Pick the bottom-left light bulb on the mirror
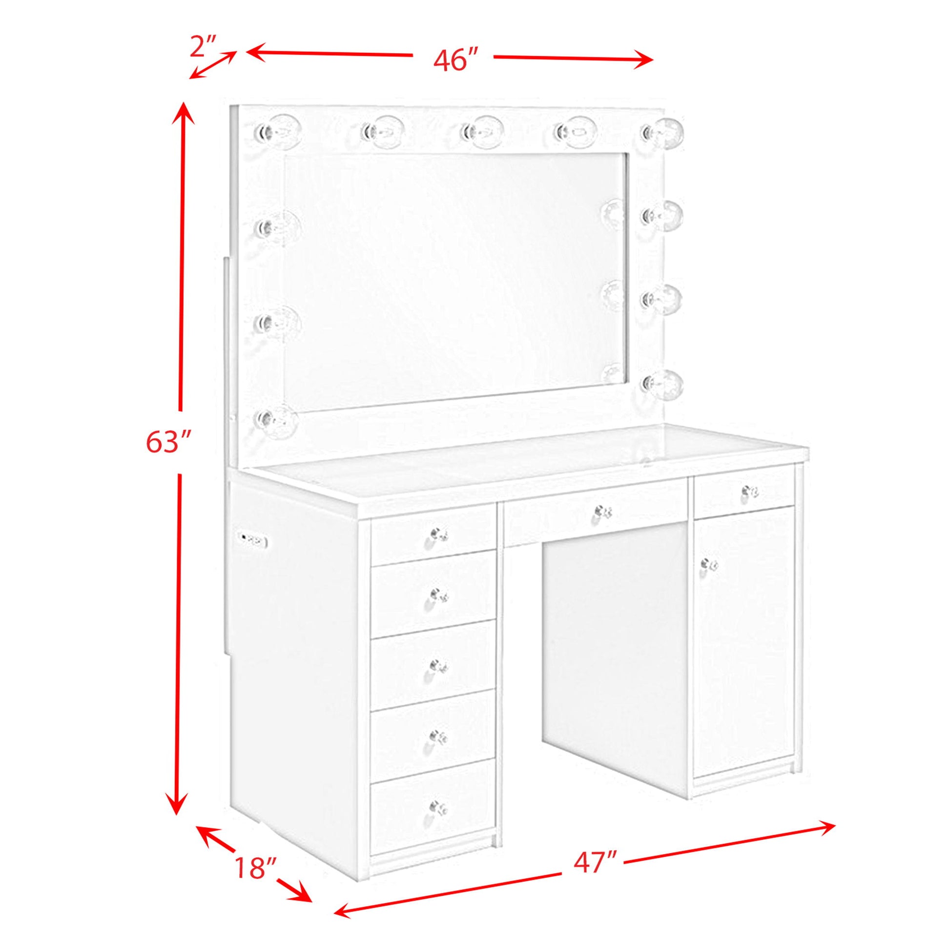(x=276, y=418)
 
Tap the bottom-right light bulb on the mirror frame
(x=662, y=382)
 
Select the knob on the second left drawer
(x=437, y=595)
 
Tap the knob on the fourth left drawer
(x=437, y=736)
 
